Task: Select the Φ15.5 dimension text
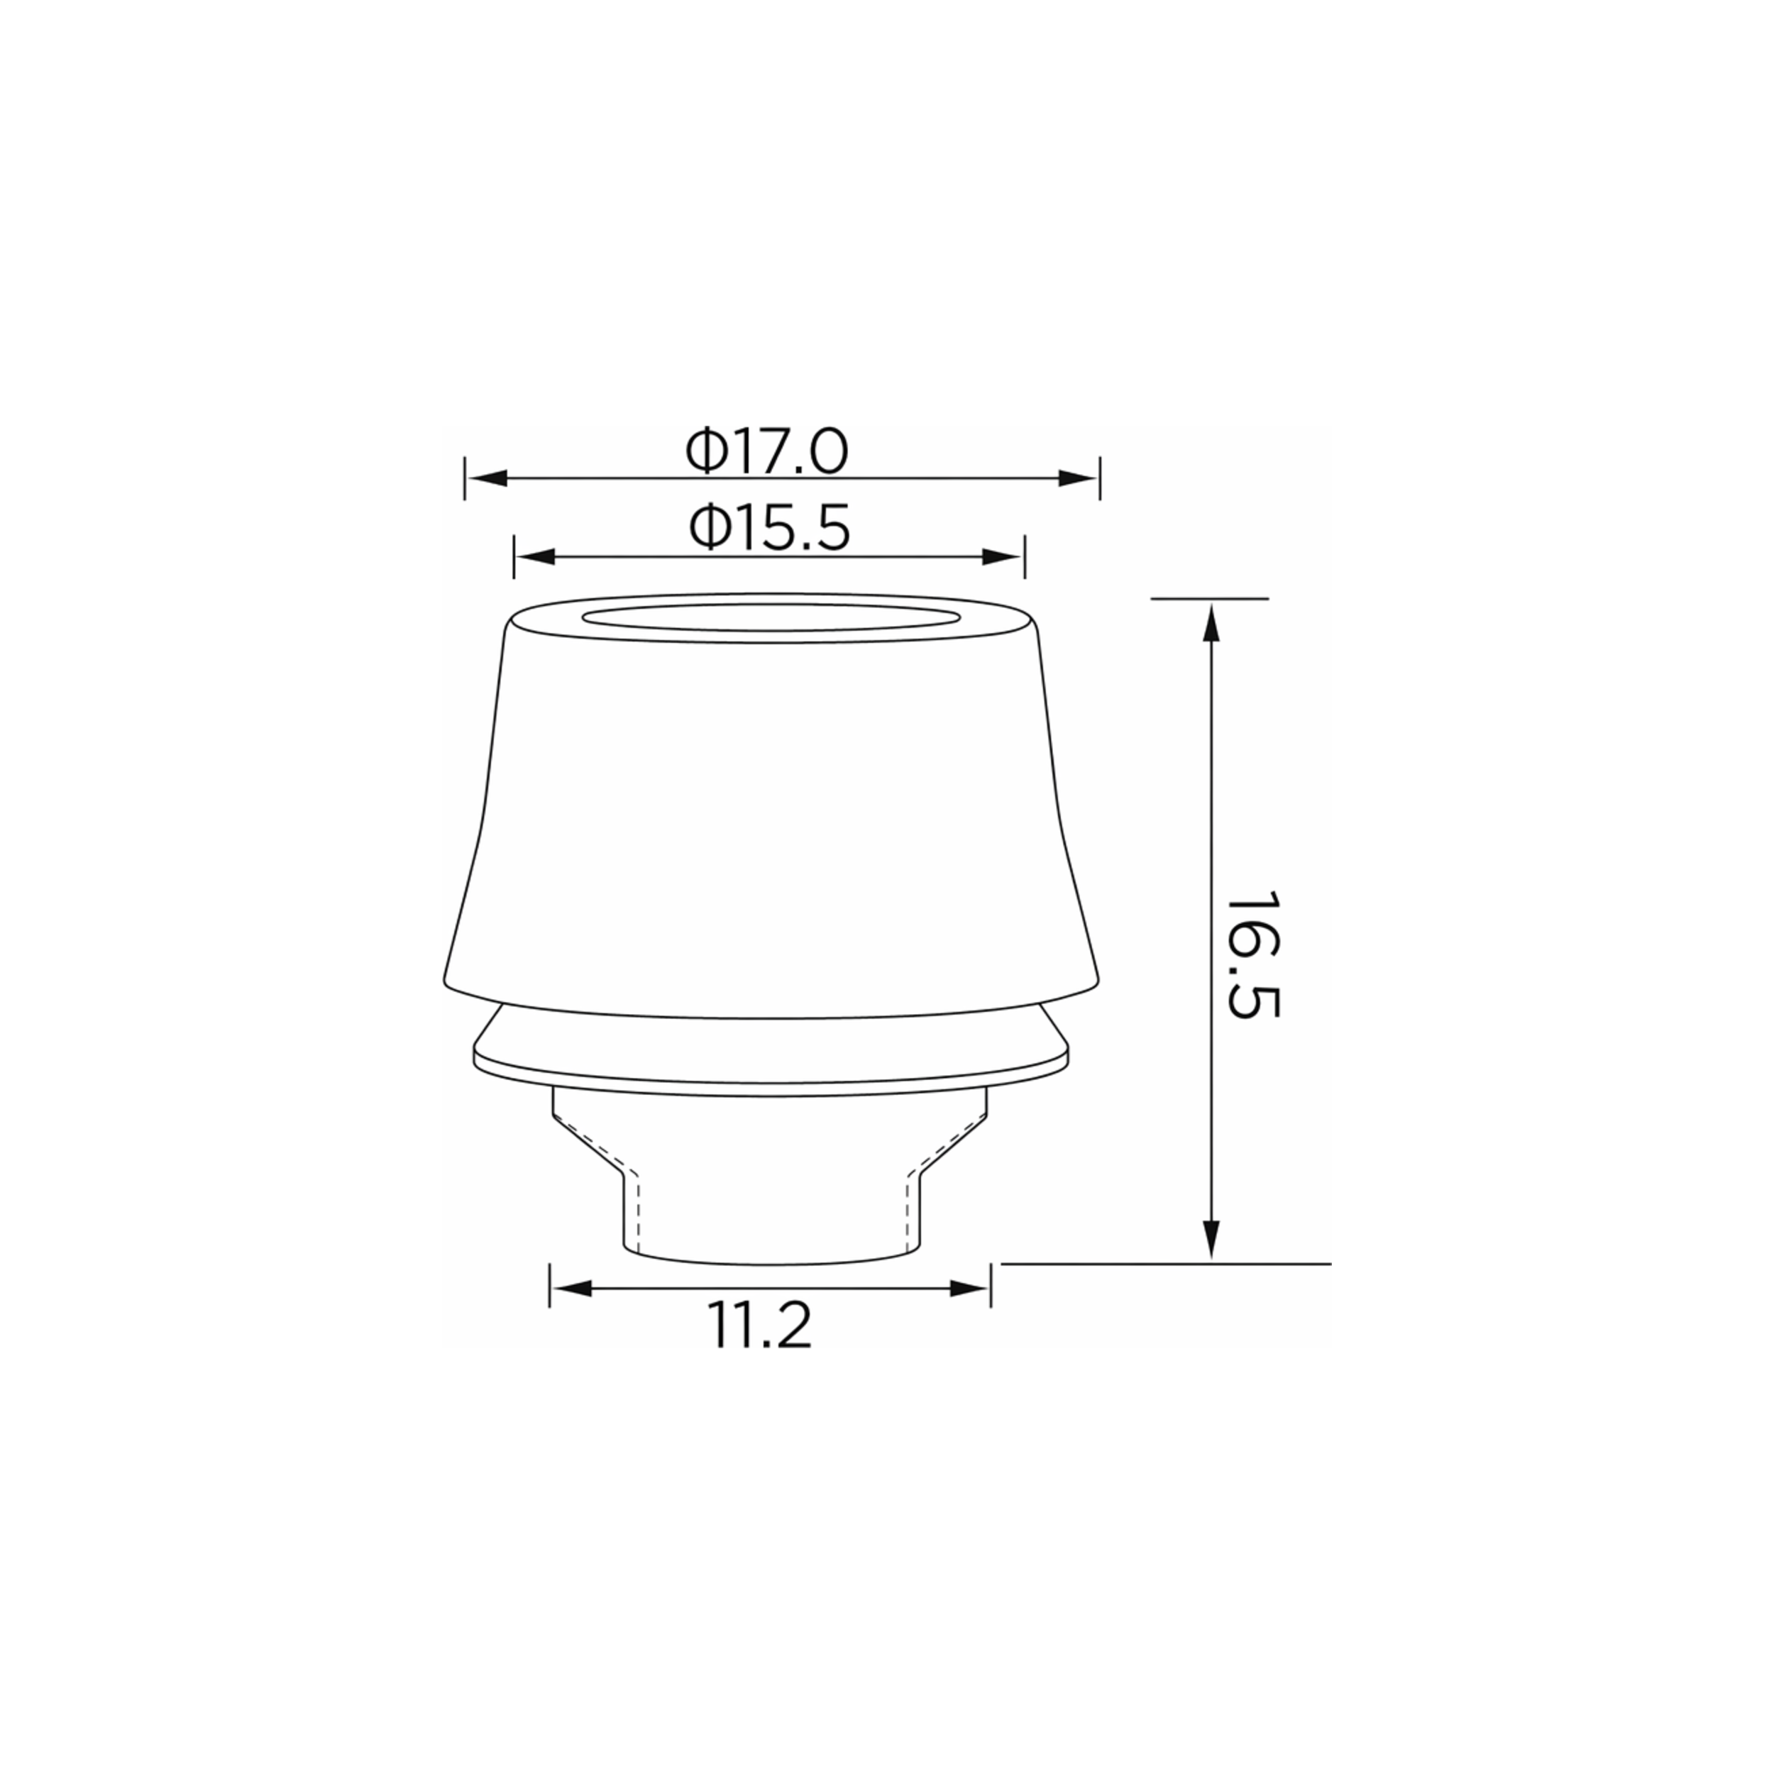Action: (769, 529)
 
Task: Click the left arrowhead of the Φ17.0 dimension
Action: (487, 478)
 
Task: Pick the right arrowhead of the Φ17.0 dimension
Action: (1078, 478)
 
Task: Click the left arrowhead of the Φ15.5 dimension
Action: (535, 556)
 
